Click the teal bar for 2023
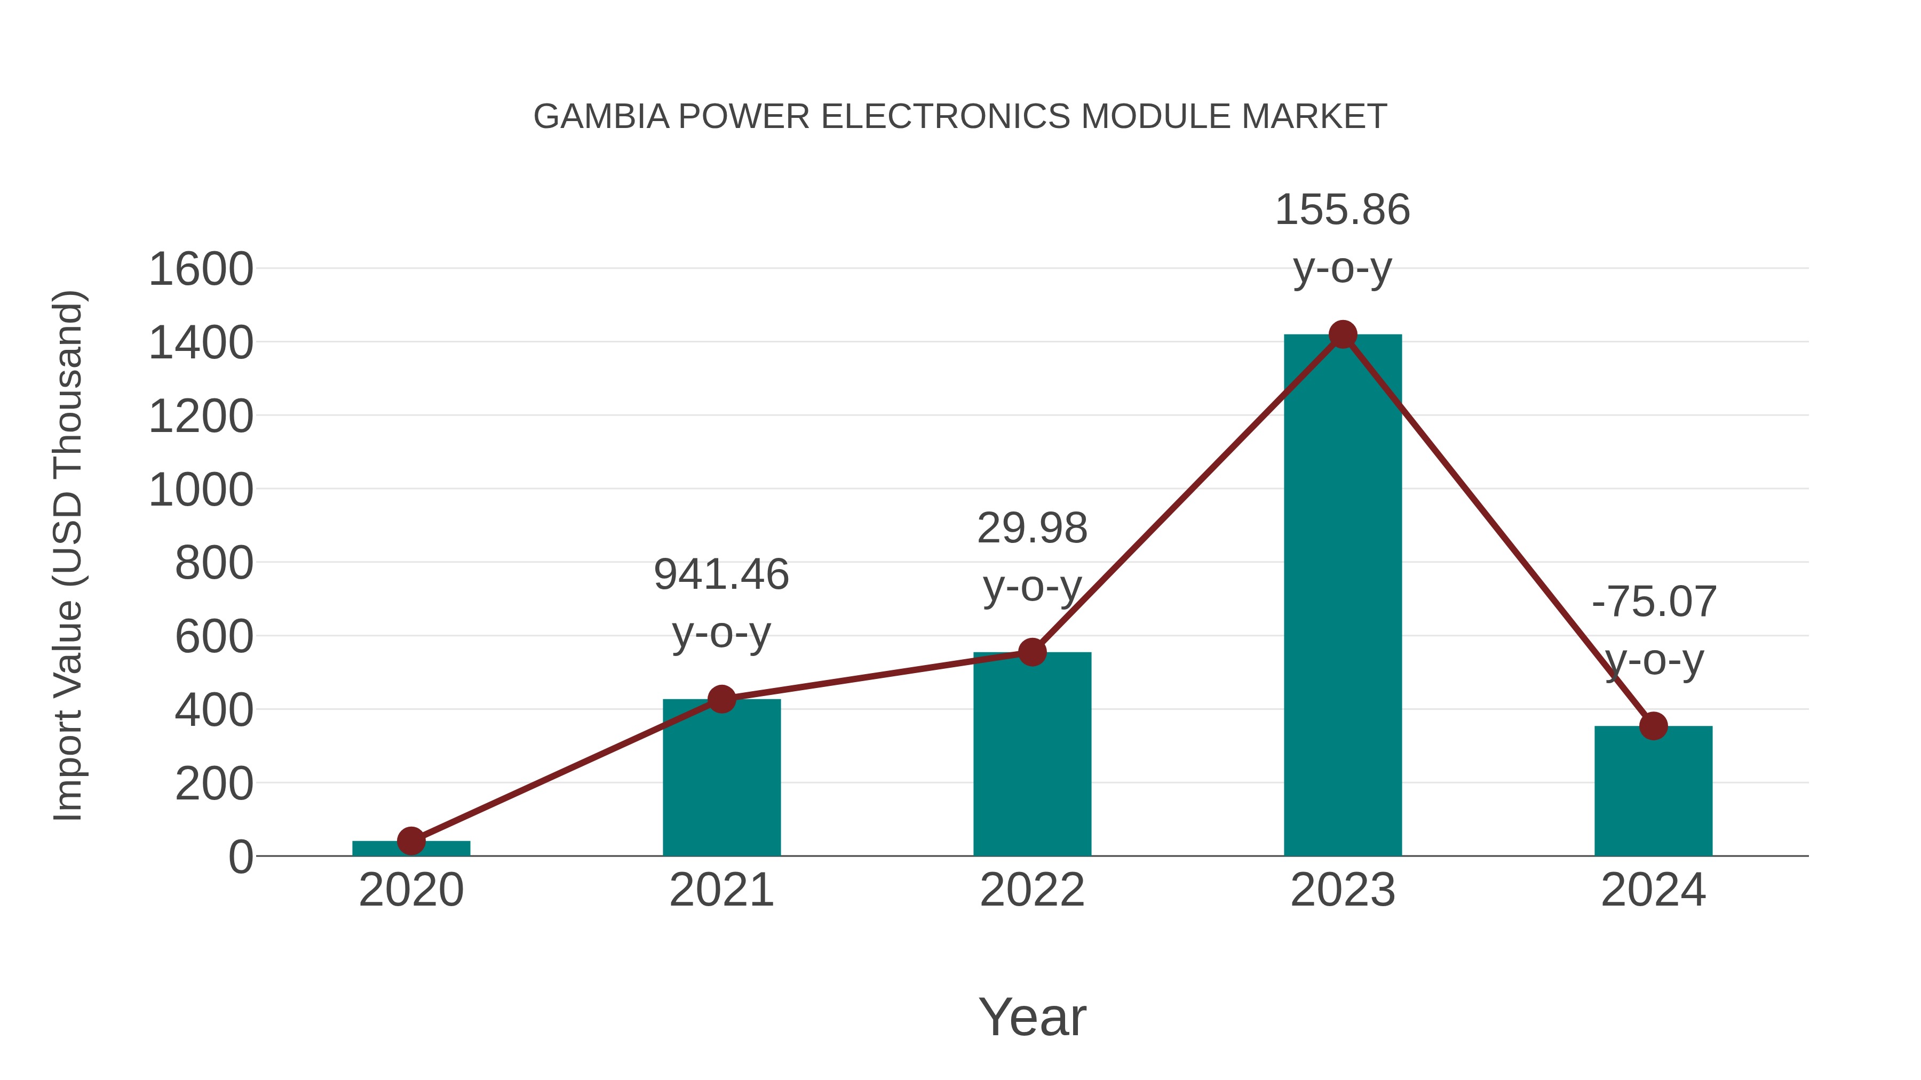(x=1343, y=596)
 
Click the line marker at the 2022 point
(x=1032, y=652)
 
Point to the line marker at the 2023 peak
(x=1343, y=334)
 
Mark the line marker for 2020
(x=411, y=841)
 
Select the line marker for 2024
(x=1653, y=725)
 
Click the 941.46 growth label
(x=721, y=574)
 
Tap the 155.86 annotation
(x=1343, y=210)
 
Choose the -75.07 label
(x=1653, y=602)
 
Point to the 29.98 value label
(x=1032, y=529)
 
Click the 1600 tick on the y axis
(x=201, y=269)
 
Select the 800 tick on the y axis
(x=213, y=564)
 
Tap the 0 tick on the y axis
(x=240, y=857)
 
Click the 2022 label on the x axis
(x=1032, y=890)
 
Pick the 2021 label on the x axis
(x=721, y=890)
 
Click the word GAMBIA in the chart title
(x=601, y=117)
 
